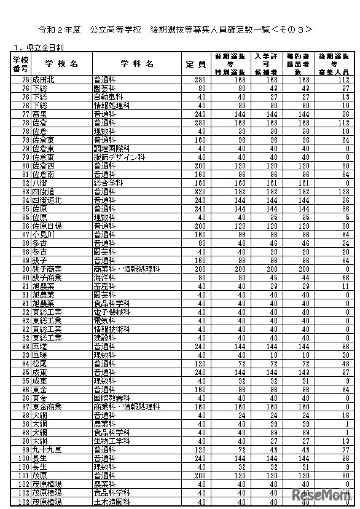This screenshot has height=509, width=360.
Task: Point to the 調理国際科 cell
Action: (112, 148)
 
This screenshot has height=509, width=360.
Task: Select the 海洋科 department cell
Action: (104, 277)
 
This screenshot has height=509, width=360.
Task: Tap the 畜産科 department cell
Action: (104, 286)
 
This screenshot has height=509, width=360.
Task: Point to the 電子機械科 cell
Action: (112, 312)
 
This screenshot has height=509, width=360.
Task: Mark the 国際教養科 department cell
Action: (112, 398)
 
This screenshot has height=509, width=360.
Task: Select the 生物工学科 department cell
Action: (112, 441)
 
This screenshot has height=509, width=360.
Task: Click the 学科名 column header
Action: (137, 63)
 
